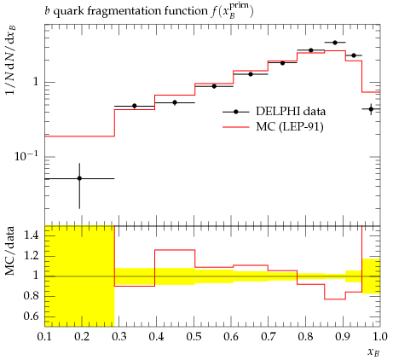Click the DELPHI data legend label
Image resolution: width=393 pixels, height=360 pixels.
[291, 111]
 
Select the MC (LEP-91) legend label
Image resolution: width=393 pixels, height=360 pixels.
[290, 127]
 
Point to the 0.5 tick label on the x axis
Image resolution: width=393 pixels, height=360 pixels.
[194, 337]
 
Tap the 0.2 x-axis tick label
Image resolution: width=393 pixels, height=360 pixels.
[82, 337]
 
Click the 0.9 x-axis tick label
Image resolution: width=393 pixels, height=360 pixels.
[343, 337]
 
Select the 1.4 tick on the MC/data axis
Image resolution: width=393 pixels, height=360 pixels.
[32, 235]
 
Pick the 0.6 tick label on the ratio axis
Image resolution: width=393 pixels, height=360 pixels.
[32, 316]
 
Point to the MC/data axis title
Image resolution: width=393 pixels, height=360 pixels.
[9, 251]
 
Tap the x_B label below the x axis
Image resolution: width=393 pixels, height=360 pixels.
[373, 352]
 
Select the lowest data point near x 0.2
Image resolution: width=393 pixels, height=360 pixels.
[79, 178]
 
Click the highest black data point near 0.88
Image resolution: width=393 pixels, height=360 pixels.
[335, 43]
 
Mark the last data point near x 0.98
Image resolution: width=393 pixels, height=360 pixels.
[371, 109]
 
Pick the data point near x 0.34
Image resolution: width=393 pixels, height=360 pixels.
[135, 106]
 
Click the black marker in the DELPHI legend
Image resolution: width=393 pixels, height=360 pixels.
[235, 112]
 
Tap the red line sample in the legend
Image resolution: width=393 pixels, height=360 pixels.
[236, 127]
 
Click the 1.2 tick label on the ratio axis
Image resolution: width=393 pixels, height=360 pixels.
[32, 256]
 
